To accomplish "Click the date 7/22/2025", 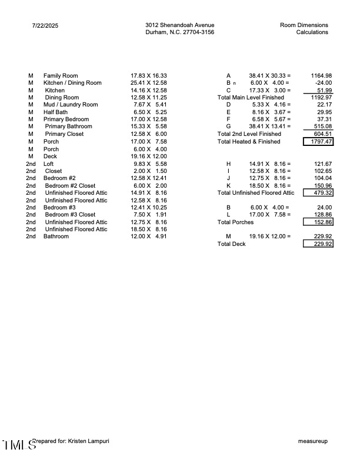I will click(x=45, y=25).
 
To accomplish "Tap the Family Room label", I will click(x=61, y=76).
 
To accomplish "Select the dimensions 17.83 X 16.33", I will click(x=149, y=76).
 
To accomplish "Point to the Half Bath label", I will click(x=55, y=112).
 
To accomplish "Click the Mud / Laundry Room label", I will click(x=71, y=105).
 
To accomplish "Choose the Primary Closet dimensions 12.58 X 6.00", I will click(x=149, y=134).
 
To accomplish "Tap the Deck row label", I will click(x=50, y=156).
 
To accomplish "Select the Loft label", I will click(x=48, y=164).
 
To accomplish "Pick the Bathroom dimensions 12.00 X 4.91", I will click(x=149, y=237).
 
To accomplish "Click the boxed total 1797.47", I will click(x=318, y=142).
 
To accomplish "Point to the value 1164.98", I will click(x=321, y=76).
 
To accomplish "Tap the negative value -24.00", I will click(x=324, y=83).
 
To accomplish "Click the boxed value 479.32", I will click(x=318, y=192).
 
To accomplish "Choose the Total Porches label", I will click(x=236, y=222).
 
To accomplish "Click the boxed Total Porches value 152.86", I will click(x=318, y=222).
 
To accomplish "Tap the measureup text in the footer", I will click(x=313, y=441).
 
